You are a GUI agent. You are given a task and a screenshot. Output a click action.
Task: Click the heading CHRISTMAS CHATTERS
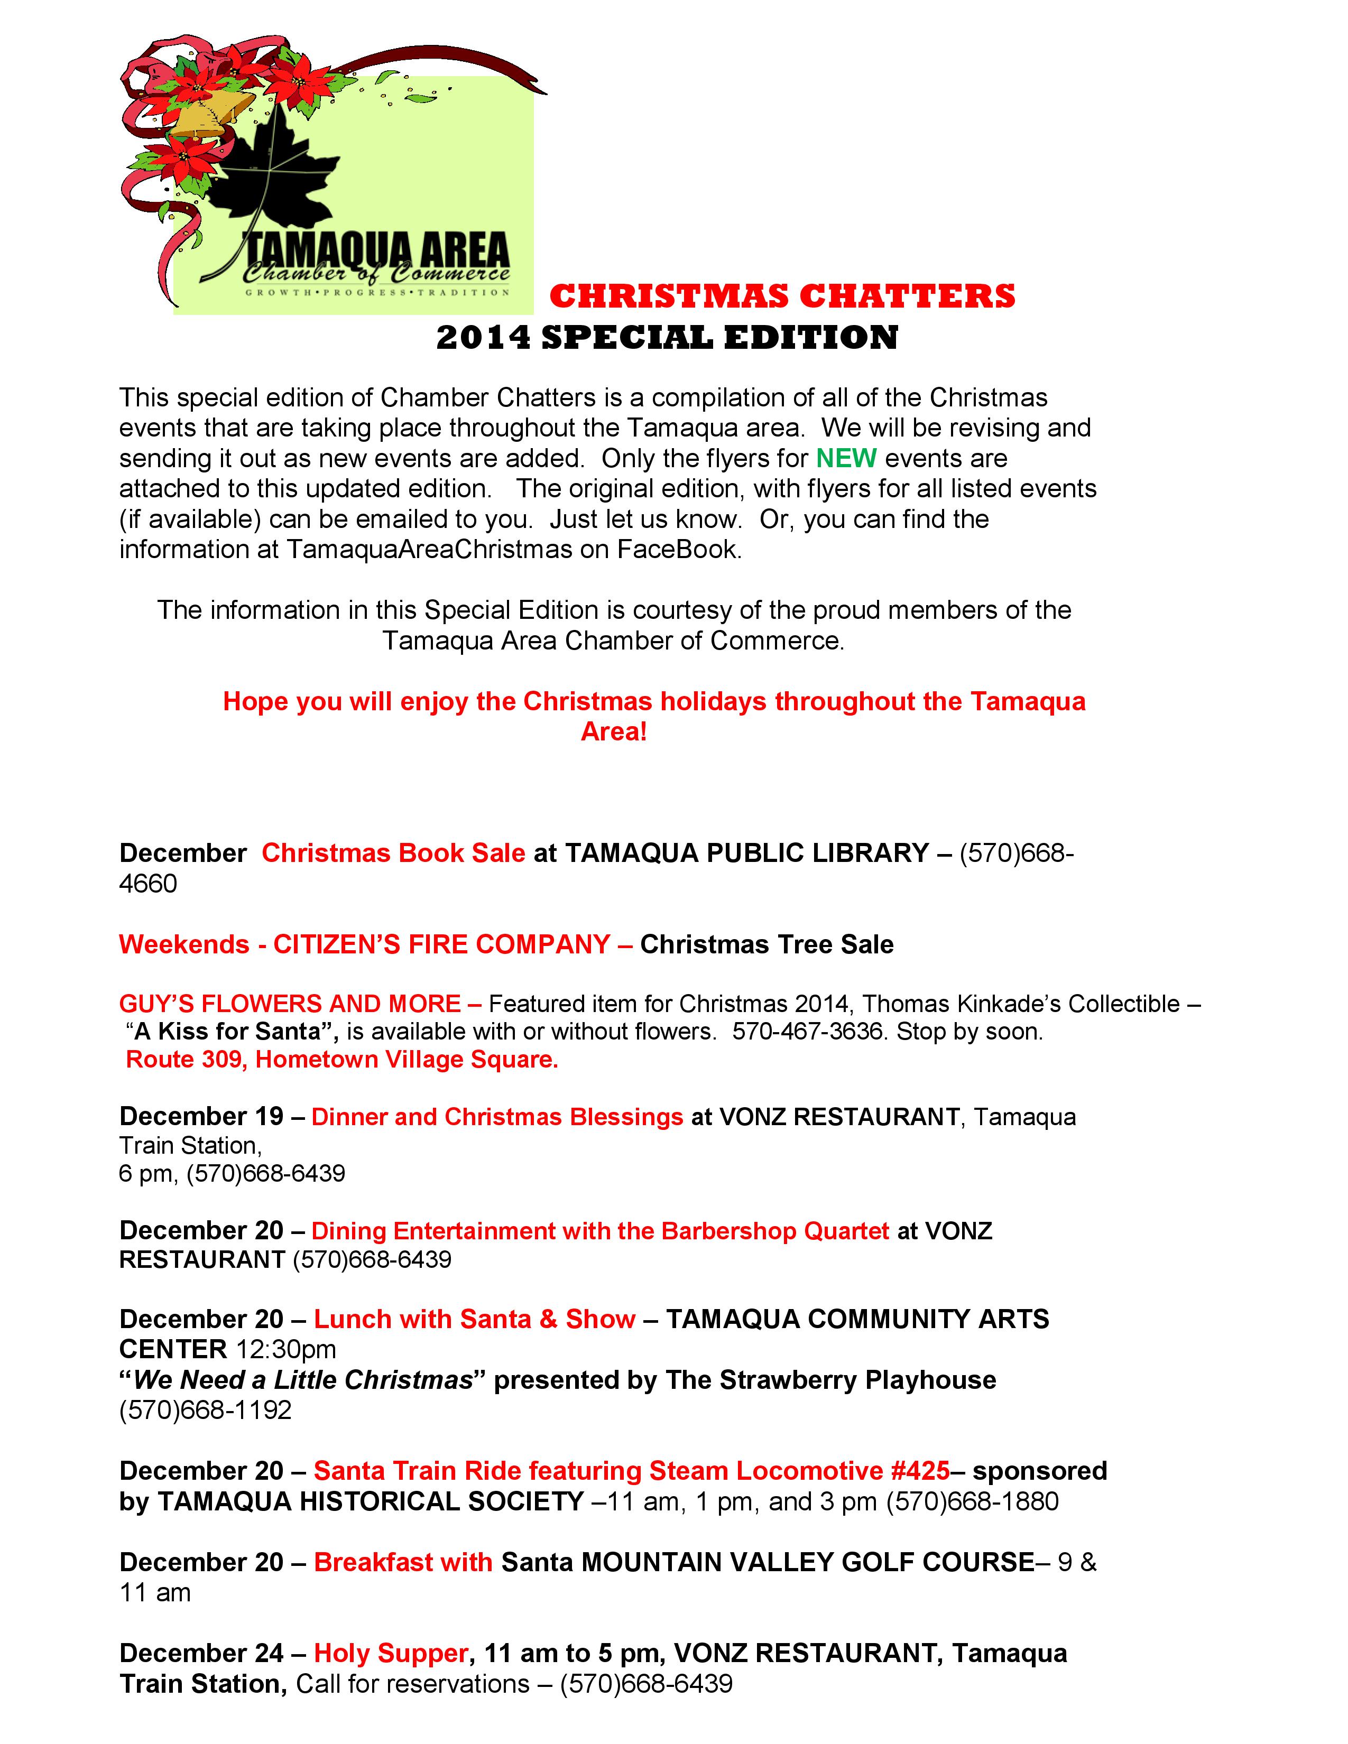[x=782, y=296]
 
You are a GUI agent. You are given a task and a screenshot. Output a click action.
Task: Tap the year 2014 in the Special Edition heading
[x=483, y=337]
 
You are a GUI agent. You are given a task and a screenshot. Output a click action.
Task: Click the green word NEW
[x=846, y=458]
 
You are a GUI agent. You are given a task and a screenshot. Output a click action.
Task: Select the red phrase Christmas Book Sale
[x=393, y=853]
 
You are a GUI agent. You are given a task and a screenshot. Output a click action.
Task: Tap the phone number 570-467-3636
[x=807, y=1031]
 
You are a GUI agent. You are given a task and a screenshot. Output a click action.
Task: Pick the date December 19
[x=201, y=1116]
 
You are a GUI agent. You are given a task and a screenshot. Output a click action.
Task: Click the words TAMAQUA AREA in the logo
[x=375, y=248]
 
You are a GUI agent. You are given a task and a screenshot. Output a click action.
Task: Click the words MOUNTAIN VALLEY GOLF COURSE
[x=807, y=1561]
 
